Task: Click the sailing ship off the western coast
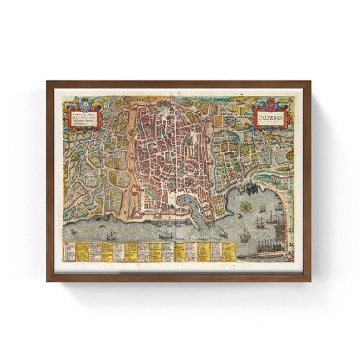tap(110, 234)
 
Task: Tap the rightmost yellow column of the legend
tap(228, 251)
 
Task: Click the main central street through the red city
tap(177, 155)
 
